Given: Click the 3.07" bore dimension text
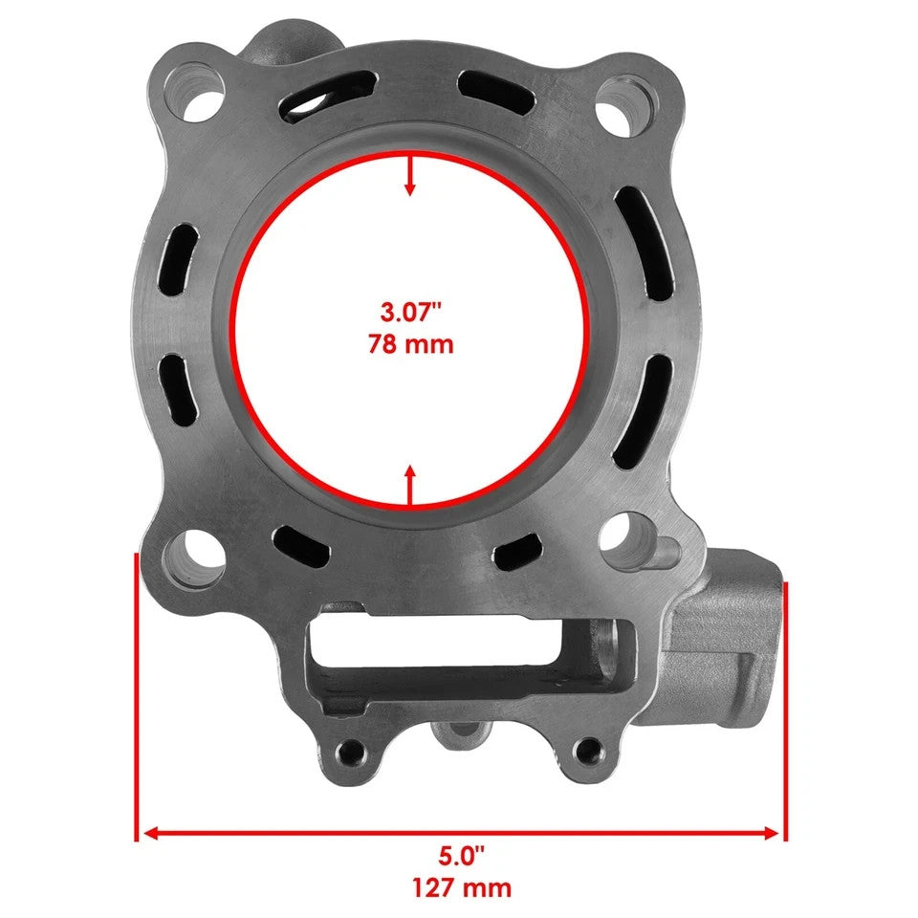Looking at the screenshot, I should click(410, 312).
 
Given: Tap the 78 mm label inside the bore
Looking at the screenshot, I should click(410, 343).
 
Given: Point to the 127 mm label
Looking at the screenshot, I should click(461, 886).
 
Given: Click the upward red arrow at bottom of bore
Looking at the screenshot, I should click(410, 483).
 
